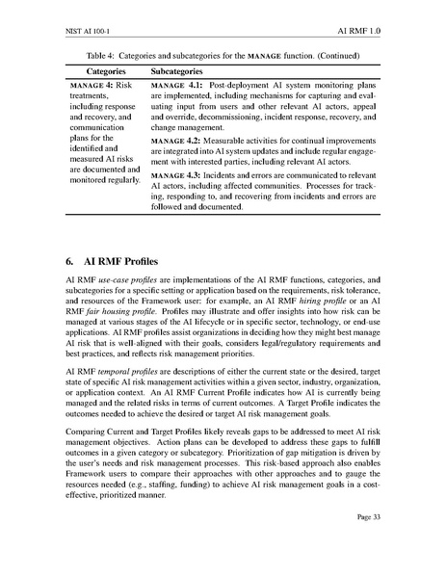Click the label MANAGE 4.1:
coord(176,86)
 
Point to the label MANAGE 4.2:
coord(176,140)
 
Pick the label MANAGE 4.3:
coord(176,176)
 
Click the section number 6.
coord(69,261)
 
